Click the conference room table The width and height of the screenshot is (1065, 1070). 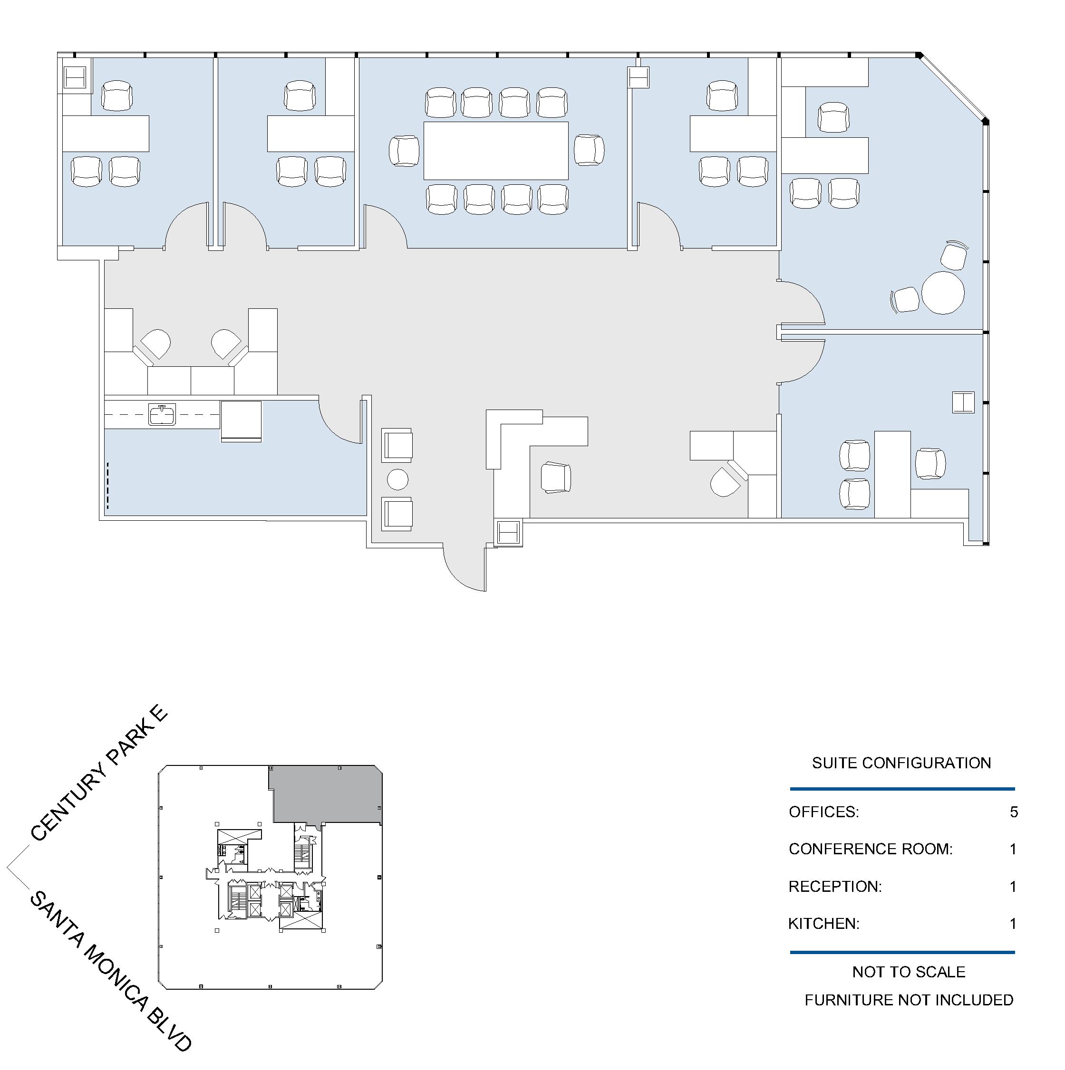pos(496,150)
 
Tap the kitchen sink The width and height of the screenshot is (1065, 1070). pos(162,414)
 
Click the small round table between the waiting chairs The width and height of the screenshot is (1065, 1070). pos(397,479)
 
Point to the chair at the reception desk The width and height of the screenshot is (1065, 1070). pos(556,478)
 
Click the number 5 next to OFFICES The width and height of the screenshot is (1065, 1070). pos(1014,812)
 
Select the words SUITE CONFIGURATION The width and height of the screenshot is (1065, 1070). pos(901,763)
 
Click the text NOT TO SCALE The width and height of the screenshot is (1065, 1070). pos(909,972)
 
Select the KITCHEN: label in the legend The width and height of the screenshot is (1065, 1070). pos(824,924)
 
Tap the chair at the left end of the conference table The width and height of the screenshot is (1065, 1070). pos(405,151)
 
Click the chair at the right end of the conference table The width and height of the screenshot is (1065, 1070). pos(589,150)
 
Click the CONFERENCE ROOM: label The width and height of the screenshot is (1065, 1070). pos(871,849)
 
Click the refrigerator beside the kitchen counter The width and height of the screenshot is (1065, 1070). pos(241,421)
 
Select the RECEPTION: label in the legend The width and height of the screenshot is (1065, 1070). pos(835,887)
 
